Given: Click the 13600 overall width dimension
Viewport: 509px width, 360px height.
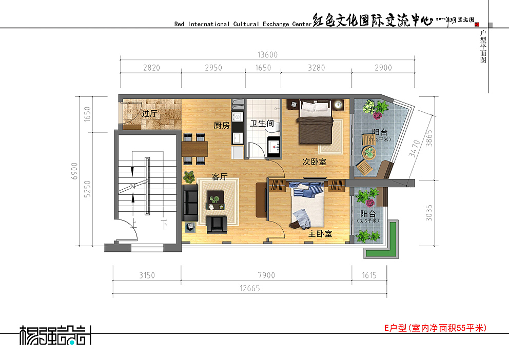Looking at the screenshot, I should tap(267, 55).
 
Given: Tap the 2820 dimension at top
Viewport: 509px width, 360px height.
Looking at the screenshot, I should tap(151, 68).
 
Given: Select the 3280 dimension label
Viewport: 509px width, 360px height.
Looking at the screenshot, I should tap(317, 68).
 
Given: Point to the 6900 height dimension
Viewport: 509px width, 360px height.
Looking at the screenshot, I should tap(74, 170).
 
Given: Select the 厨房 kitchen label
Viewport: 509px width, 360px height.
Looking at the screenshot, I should tap(222, 125).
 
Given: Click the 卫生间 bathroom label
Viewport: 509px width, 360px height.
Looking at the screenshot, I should tap(262, 124).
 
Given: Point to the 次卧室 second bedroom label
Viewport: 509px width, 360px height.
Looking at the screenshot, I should tap(314, 162).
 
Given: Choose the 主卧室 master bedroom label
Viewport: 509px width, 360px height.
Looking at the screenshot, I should tap(320, 234).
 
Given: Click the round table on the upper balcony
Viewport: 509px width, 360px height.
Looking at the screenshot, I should tap(368, 152).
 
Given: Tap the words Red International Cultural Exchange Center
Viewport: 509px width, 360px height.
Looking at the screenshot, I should tap(242, 24).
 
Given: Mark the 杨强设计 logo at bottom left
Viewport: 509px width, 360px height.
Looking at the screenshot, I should tap(55, 335).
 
